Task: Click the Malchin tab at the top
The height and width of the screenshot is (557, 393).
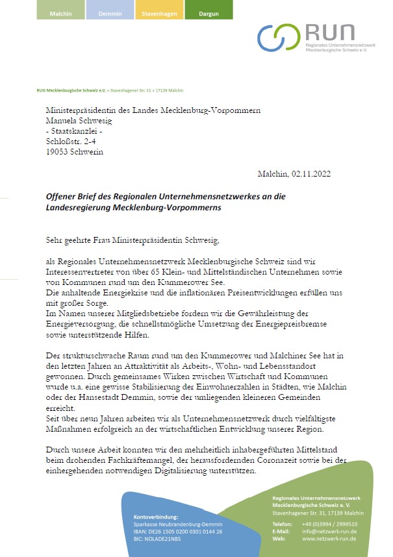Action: [x=60, y=13]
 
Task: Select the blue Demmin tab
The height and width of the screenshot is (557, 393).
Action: [x=110, y=13]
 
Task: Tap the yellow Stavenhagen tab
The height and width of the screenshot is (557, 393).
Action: [x=159, y=13]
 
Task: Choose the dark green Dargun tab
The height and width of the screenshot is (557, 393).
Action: [x=209, y=13]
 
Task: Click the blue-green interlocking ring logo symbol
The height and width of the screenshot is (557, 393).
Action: [x=279, y=37]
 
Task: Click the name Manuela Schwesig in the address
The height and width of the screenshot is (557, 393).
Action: [x=79, y=120]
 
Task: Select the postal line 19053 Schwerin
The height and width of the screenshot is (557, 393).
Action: [x=74, y=152]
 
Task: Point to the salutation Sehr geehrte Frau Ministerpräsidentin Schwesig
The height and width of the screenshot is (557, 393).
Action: [x=133, y=240]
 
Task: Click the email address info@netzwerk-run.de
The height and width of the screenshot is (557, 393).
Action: [x=329, y=531]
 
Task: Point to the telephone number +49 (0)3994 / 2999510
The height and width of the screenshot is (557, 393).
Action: [x=329, y=523]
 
